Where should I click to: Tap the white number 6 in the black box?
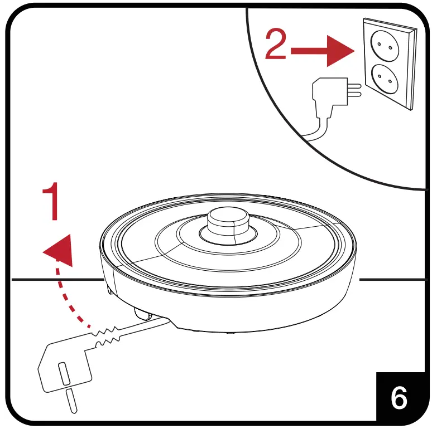coord(399,397)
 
